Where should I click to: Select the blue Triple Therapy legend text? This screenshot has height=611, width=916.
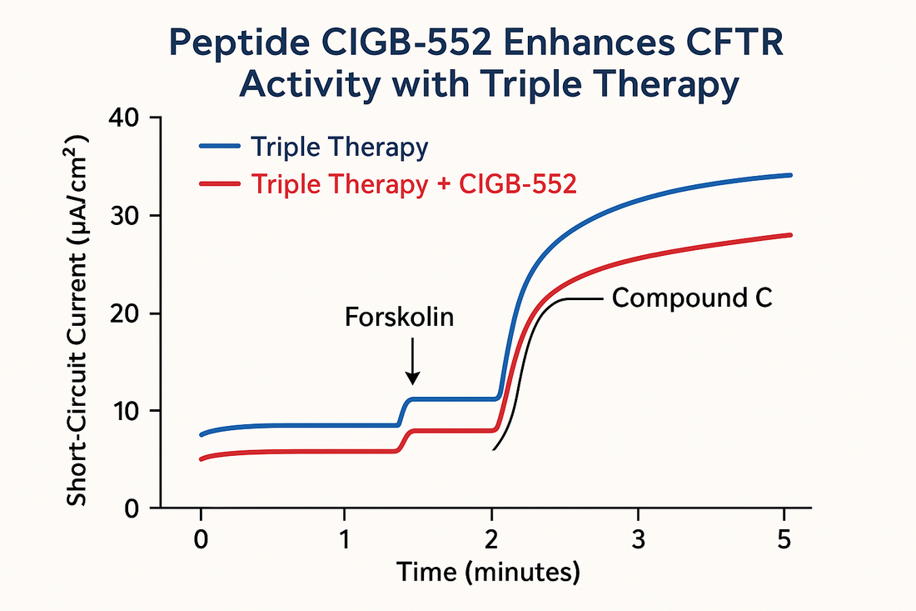pyautogui.click(x=339, y=148)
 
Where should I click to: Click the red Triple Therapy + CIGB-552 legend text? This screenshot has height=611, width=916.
pyautogui.click(x=413, y=184)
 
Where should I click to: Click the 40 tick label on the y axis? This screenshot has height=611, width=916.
pyautogui.click(x=125, y=118)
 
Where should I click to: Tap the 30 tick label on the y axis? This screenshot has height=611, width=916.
pyautogui.click(x=125, y=215)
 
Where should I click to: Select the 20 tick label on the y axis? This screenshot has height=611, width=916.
pyautogui.click(x=125, y=313)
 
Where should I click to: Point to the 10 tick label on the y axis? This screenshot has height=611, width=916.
pyautogui.click(x=125, y=410)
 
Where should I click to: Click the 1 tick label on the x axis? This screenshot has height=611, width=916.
pyautogui.click(x=345, y=538)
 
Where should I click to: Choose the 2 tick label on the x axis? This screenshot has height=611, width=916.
pyautogui.click(x=492, y=538)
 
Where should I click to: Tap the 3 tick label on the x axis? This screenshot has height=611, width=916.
pyautogui.click(x=638, y=538)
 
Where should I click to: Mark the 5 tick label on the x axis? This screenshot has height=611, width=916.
pyautogui.click(x=784, y=538)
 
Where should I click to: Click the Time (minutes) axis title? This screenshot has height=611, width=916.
pyautogui.click(x=487, y=573)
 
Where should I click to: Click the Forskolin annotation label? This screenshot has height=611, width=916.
pyautogui.click(x=399, y=317)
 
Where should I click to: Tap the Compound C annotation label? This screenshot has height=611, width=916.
pyautogui.click(x=693, y=298)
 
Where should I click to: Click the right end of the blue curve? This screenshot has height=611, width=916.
pyautogui.click(x=789, y=175)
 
